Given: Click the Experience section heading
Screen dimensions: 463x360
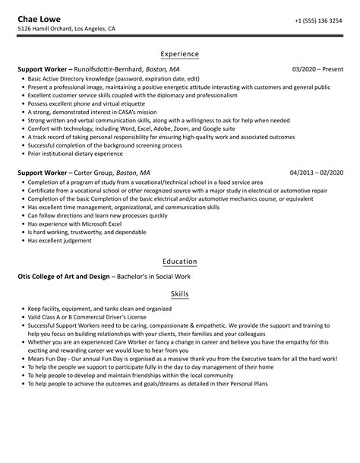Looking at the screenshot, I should pos(180,54).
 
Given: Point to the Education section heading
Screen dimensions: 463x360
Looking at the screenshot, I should pos(180,261).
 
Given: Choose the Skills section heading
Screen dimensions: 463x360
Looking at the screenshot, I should pos(180,292).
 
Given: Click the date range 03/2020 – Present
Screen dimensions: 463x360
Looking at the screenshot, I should pos(317,69).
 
